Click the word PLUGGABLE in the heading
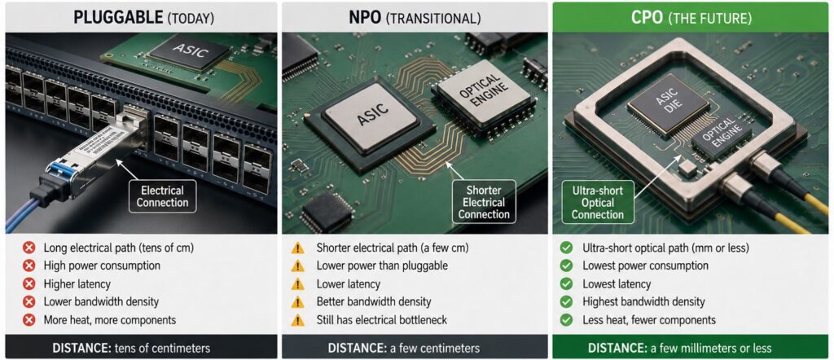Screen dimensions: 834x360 pyautogui.click(x=118, y=18)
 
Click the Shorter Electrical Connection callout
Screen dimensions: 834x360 pyautogui.click(x=484, y=201)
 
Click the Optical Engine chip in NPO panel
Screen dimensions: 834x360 pyautogui.click(x=483, y=100)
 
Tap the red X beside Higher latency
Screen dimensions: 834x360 pyautogui.click(x=30, y=284)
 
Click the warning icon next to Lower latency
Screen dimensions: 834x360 pyautogui.click(x=298, y=284)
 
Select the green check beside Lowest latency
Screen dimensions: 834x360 pyautogui.click(x=567, y=284)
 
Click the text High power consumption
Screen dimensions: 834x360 pyautogui.click(x=102, y=266)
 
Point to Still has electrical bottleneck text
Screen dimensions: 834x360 pyautogui.click(x=381, y=320)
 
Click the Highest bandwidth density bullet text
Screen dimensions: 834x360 pyautogui.click(x=643, y=302)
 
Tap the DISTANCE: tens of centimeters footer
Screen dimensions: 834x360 pyautogui.click(x=131, y=349)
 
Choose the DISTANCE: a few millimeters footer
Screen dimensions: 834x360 pyautogui.click(x=680, y=349)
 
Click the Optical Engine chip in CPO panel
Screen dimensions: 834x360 pyautogui.click(x=722, y=139)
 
